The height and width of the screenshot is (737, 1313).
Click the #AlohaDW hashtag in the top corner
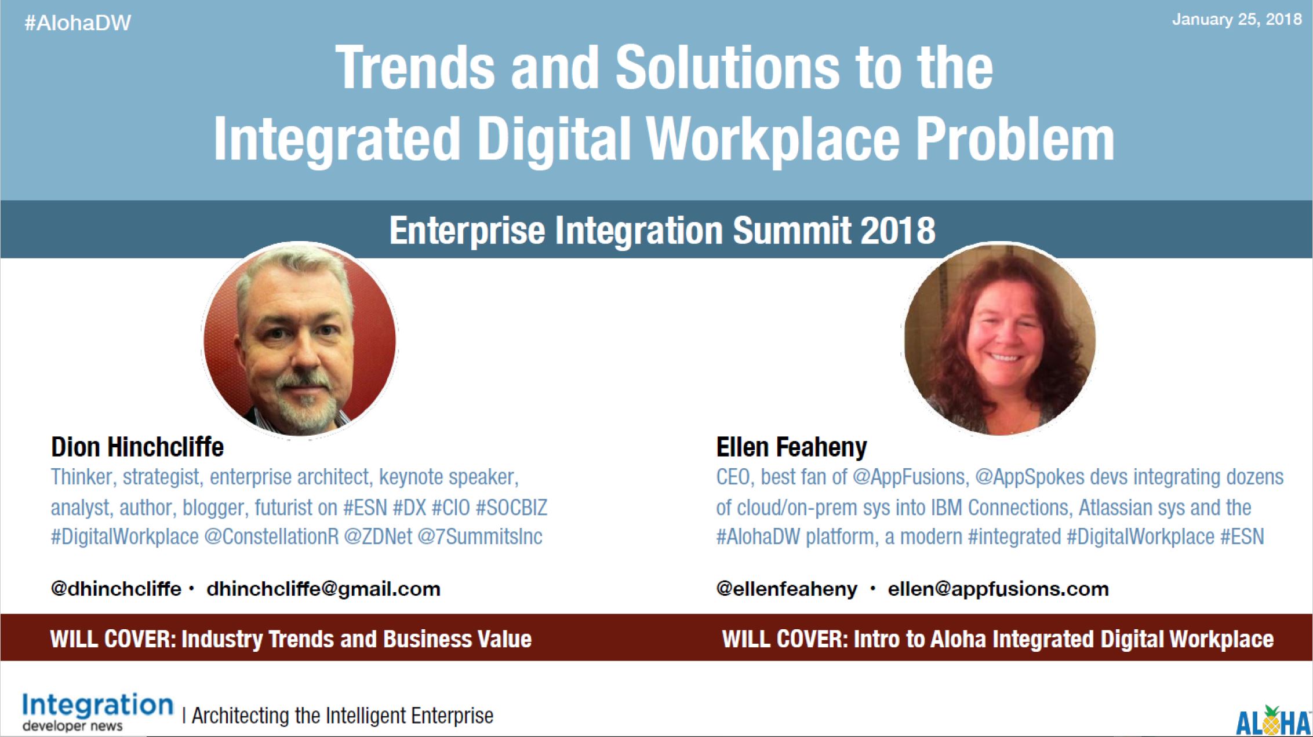[78, 23]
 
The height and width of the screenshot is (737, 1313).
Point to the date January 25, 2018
[1236, 20]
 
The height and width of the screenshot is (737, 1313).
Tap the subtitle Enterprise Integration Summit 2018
[662, 230]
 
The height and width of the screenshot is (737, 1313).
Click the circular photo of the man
[299, 340]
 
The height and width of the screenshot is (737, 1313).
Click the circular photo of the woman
[1000, 340]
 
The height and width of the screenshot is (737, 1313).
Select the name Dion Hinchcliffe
[137, 447]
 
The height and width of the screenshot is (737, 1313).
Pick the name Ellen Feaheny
[792, 447]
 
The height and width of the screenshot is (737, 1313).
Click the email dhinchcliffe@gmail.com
[323, 589]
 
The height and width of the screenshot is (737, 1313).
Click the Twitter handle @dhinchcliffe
[116, 589]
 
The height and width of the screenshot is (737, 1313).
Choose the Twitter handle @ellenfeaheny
[787, 589]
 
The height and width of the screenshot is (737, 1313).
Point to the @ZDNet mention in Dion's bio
[378, 537]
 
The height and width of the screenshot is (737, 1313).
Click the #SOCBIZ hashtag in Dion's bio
[511, 508]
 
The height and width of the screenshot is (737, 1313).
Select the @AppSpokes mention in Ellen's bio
[1030, 477]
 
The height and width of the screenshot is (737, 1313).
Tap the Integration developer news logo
[98, 712]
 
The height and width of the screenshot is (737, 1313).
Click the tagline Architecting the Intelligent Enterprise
[343, 716]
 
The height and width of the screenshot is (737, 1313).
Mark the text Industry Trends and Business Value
[357, 639]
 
